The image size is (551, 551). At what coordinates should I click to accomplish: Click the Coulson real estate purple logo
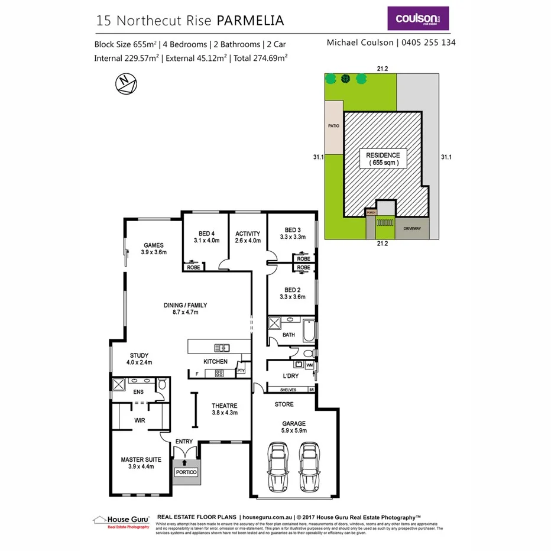(417, 18)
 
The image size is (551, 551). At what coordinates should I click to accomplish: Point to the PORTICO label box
(186, 472)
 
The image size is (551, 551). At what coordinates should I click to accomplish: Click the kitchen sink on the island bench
(222, 347)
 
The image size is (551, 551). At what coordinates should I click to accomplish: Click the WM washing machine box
(309, 365)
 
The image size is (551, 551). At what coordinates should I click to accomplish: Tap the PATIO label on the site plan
(333, 125)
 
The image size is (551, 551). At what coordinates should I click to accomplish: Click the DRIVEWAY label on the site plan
(412, 228)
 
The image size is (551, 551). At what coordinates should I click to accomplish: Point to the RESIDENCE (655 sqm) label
(383, 158)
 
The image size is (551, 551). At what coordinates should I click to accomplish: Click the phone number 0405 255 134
(429, 43)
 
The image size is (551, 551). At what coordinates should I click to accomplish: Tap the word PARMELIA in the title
(251, 20)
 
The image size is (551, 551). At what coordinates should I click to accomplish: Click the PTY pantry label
(240, 371)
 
